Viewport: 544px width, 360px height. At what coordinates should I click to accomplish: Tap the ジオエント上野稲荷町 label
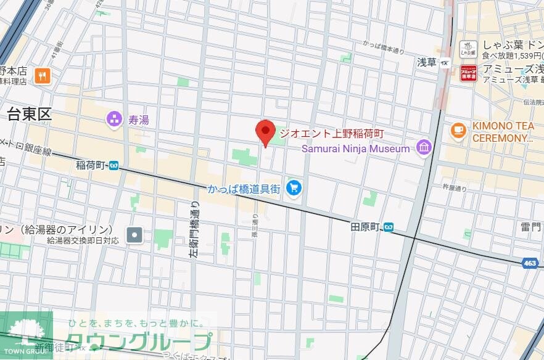tap(332, 133)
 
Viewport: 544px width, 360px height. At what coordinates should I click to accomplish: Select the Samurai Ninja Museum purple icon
tap(423, 147)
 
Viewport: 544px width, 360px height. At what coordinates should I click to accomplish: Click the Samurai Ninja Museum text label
tap(355, 149)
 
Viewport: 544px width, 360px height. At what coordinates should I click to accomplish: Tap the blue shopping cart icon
tap(294, 188)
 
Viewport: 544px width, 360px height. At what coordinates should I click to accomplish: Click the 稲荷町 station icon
tap(113, 165)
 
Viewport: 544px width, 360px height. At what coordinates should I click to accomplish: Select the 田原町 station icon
tap(389, 227)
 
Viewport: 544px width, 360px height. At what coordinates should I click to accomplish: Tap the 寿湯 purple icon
tap(114, 119)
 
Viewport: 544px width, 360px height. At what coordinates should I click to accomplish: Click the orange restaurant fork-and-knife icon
tap(43, 75)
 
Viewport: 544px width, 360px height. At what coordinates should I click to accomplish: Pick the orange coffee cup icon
tap(457, 130)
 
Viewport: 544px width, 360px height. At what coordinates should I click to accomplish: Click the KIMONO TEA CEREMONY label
tap(503, 132)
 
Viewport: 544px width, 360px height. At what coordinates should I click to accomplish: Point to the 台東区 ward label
tap(28, 114)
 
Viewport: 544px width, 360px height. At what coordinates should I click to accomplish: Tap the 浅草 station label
tap(427, 62)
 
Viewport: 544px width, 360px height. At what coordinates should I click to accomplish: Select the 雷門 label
tap(530, 227)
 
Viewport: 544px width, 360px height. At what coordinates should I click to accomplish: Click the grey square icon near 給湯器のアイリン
tap(134, 234)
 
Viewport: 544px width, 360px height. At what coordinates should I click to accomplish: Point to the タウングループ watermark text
tap(139, 342)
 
